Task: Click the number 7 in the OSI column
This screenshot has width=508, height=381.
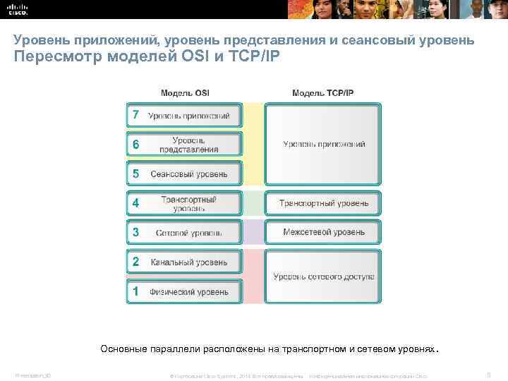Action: pyautogui.click(x=135, y=115)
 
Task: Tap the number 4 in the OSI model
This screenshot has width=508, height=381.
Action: pyautogui.click(x=135, y=203)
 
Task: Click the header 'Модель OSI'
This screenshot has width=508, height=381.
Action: pyautogui.click(x=185, y=92)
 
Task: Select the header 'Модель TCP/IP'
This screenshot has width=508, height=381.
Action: pyautogui.click(x=322, y=92)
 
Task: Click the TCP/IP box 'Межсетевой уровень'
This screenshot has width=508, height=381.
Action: pyautogui.click(x=323, y=231)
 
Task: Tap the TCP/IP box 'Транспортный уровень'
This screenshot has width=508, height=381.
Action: pyautogui.click(x=323, y=203)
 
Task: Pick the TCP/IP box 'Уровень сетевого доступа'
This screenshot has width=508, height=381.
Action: pyautogui.click(x=323, y=276)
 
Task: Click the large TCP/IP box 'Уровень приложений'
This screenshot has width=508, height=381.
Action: pyautogui.click(x=323, y=144)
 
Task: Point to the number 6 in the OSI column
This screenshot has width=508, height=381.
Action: pyautogui.click(x=135, y=145)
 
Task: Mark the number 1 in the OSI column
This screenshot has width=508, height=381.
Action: pyautogui.click(x=135, y=291)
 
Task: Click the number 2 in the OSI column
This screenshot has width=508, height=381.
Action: pyautogui.click(x=135, y=262)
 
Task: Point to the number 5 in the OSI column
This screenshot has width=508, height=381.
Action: pyautogui.click(x=135, y=174)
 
